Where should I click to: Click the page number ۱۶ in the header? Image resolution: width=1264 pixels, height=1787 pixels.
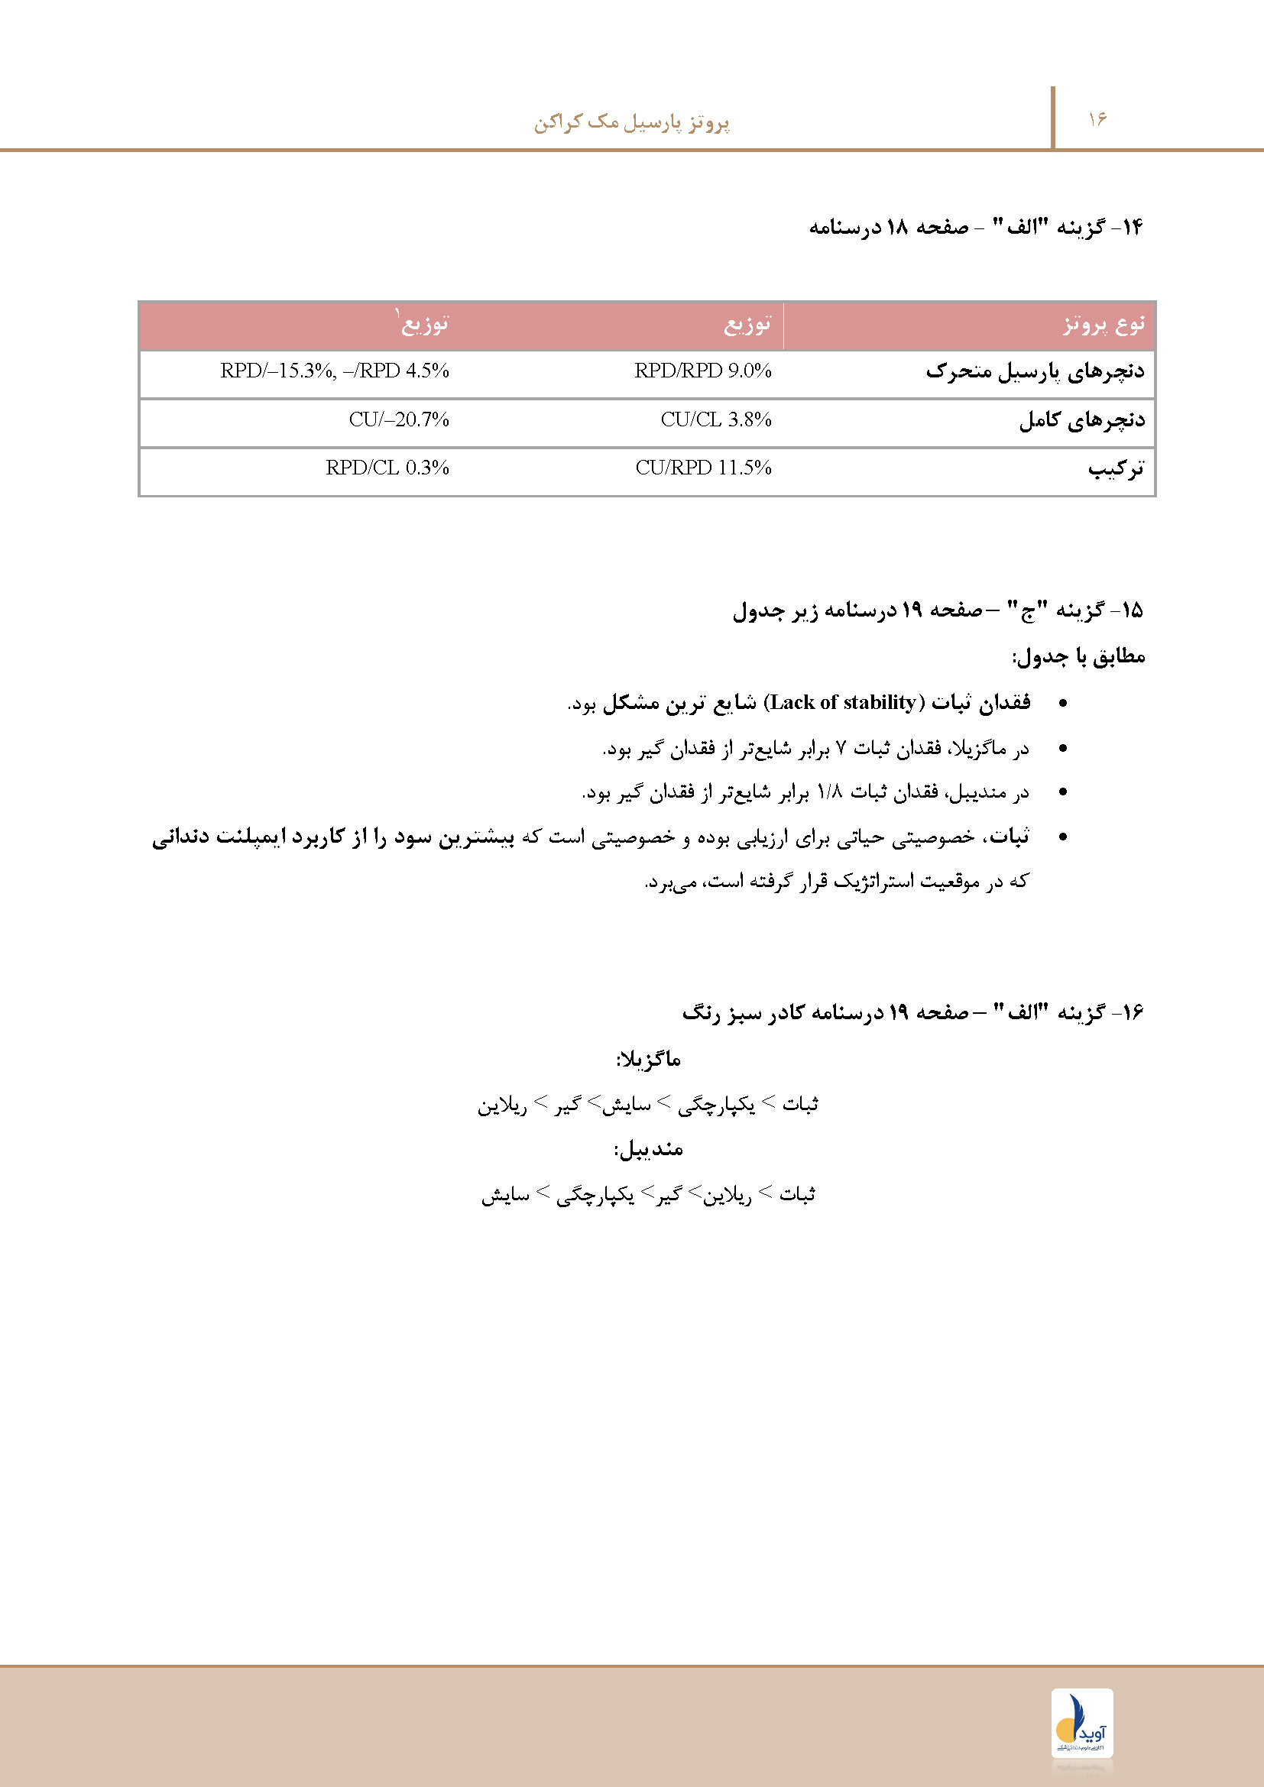pyautogui.click(x=1097, y=119)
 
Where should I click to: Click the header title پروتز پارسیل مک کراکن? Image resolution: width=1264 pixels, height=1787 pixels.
pyautogui.click(x=631, y=122)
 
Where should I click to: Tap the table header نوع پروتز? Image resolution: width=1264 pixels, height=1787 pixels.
pyautogui.click(x=1104, y=324)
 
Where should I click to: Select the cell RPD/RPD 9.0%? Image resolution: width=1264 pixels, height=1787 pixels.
pyautogui.click(x=702, y=371)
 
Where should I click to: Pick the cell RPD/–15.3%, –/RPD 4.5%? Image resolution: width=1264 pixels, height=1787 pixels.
pyautogui.click(x=335, y=371)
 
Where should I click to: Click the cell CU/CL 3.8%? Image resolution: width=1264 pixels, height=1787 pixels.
pyautogui.click(x=715, y=419)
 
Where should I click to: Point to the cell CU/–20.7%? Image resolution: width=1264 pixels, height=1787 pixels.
pyautogui.click(x=398, y=419)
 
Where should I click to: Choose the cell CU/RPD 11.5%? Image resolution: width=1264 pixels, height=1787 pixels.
pyautogui.click(x=703, y=468)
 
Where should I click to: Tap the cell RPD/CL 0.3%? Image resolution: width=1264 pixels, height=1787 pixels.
pyautogui.click(x=387, y=468)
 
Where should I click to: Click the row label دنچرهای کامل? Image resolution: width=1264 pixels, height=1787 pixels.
pyautogui.click(x=1082, y=420)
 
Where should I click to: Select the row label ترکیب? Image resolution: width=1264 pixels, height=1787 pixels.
pyautogui.click(x=1116, y=468)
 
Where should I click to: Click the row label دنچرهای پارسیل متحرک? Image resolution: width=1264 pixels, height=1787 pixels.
pyautogui.click(x=1036, y=371)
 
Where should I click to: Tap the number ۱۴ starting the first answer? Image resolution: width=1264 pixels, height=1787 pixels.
pyautogui.click(x=1131, y=227)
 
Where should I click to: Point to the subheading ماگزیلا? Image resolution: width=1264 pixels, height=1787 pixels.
pyautogui.click(x=648, y=1058)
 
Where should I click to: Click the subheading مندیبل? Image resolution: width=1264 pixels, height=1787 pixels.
pyautogui.click(x=648, y=1149)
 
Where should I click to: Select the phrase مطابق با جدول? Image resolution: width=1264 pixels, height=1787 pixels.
pyautogui.click(x=1079, y=657)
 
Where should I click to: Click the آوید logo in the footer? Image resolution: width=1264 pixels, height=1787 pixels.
pyautogui.click(x=1082, y=1721)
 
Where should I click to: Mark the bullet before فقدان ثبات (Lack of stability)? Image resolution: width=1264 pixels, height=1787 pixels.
pyautogui.click(x=1063, y=704)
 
